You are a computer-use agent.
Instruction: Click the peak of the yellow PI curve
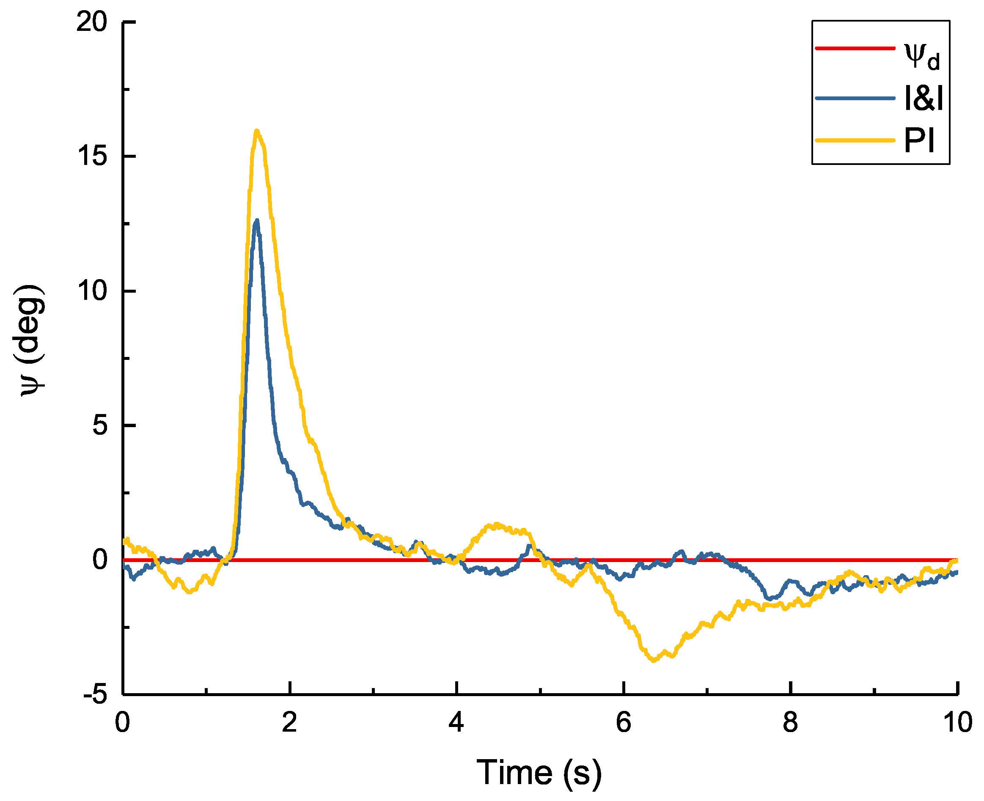coord(257,132)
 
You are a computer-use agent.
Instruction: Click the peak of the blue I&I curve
coord(257,221)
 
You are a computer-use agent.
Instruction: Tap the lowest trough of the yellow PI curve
coord(654,660)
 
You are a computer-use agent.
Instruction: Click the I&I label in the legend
coord(923,98)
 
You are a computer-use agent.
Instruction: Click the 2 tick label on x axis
coord(289,723)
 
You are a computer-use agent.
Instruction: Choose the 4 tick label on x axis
coord(456,723)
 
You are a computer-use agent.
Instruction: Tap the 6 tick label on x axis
coord(623,723)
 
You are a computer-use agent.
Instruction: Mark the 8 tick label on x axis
coord(790,723)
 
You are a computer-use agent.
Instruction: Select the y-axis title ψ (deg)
coord(31,340)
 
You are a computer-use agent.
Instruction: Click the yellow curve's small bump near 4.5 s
coord(496,525)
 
